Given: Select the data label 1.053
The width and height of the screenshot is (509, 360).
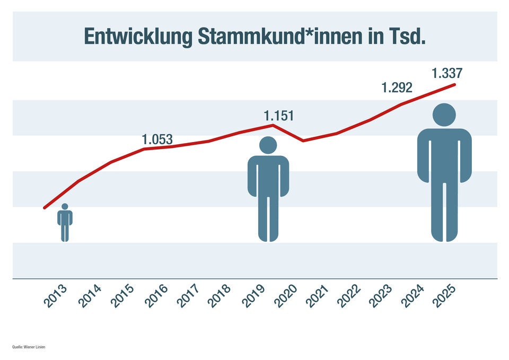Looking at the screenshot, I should (157, 139).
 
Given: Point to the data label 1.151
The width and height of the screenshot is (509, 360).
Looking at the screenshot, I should (279, 116).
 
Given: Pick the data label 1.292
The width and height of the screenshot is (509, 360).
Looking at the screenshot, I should (397, 87).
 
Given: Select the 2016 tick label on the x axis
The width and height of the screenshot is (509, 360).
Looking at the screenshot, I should (156, 296).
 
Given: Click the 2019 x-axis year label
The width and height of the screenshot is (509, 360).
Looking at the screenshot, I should (254, 296).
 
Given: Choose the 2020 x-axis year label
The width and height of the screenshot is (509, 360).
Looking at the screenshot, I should (287, 296).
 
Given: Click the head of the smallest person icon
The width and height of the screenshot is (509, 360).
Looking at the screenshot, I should (65, 207).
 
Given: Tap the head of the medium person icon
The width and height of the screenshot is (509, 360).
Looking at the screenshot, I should (268, 145).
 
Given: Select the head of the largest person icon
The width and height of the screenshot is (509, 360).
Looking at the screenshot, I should (444, 115).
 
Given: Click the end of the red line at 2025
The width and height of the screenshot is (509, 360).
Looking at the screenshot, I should (454, 84).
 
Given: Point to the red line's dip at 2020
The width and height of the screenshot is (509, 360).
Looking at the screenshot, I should (303, 141).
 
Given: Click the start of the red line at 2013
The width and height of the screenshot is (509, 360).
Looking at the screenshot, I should (45, 208).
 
